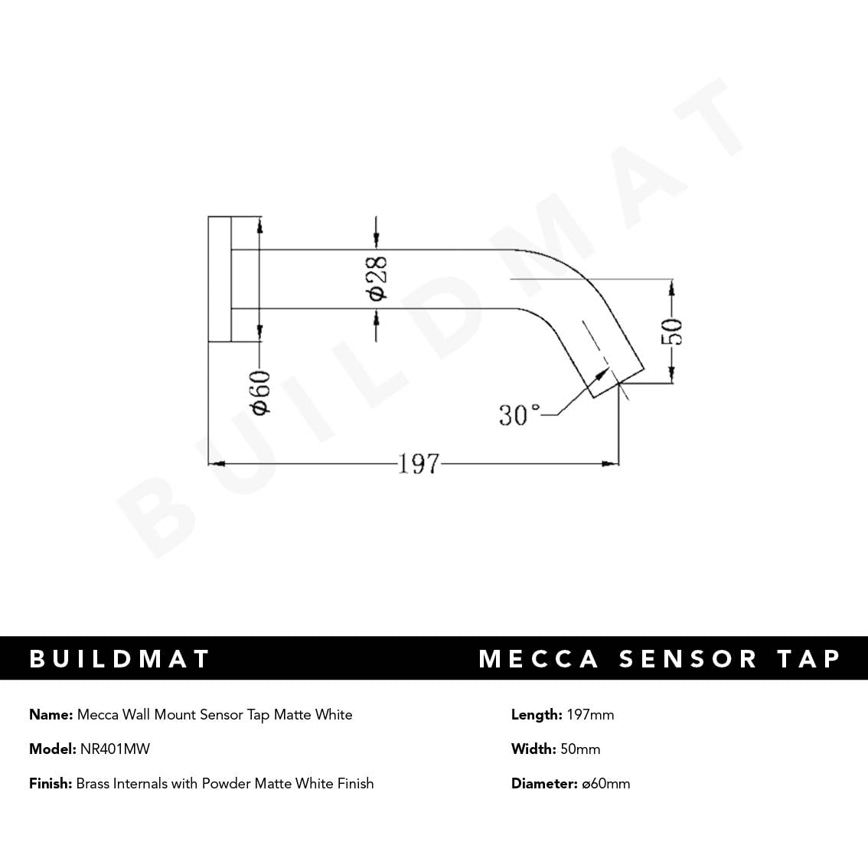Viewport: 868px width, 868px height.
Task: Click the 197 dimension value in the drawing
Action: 419,464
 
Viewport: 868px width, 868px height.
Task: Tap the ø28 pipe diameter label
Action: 377,279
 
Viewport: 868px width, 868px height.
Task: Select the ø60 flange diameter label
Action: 260,393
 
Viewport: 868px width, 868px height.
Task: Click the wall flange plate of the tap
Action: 219,279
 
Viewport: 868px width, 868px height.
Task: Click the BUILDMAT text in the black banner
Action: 119,659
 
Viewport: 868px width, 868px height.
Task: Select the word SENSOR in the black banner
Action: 688,659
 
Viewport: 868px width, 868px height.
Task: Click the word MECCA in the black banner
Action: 539,659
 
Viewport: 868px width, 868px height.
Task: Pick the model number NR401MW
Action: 115,749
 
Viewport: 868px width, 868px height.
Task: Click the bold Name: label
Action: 51,715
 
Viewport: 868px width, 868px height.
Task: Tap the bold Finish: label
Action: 51,784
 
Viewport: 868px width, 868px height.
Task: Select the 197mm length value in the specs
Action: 590,715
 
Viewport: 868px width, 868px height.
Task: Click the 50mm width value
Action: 580,749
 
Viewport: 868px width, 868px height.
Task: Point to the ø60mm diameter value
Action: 605,784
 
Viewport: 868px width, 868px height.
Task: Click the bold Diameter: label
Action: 544,784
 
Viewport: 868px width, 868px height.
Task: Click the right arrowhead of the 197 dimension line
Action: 612,464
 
